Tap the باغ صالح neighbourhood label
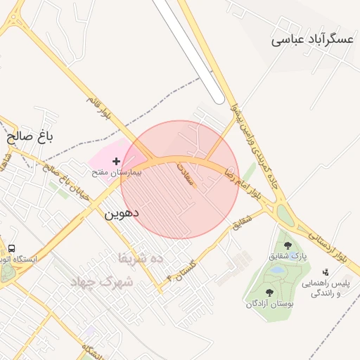31,134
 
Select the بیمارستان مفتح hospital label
116,172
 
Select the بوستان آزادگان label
269,304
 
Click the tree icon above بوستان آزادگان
269,292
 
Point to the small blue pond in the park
278,269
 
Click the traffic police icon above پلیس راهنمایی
325,272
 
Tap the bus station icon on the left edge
11,248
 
